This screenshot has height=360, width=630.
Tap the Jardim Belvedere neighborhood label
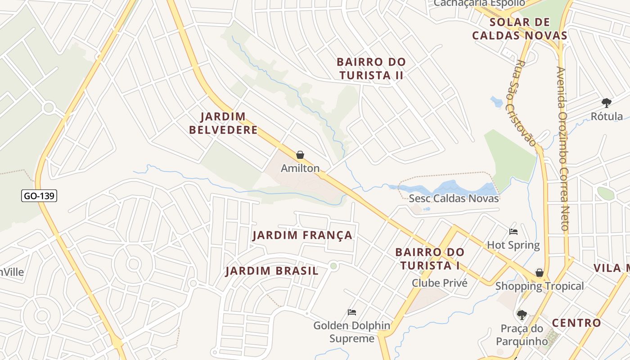point(223,123)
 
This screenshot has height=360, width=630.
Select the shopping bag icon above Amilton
point(300,155)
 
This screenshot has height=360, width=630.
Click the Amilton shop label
point(300,168)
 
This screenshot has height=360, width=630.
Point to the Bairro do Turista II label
point(371,68)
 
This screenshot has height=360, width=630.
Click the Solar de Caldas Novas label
point(519,29)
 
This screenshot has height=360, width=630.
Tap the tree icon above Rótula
point(607,103)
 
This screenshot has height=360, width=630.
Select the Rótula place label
point(607,116)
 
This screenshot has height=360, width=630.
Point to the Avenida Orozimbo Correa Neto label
point(562,148)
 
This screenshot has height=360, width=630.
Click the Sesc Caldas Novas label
point(454,198)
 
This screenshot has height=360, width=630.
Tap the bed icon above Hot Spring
point(513,232)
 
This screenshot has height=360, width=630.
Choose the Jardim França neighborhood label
point(302,235)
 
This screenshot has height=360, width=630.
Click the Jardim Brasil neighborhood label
point(272,271)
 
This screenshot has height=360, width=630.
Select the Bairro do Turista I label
point(429,259)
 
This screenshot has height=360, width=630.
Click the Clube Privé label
point(440,283)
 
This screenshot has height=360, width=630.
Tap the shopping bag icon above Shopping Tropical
point(539,273)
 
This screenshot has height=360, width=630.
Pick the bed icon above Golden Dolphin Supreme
point(352,312)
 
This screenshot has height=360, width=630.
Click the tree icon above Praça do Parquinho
point(522,315)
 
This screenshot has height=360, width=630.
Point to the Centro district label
point(576,323)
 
